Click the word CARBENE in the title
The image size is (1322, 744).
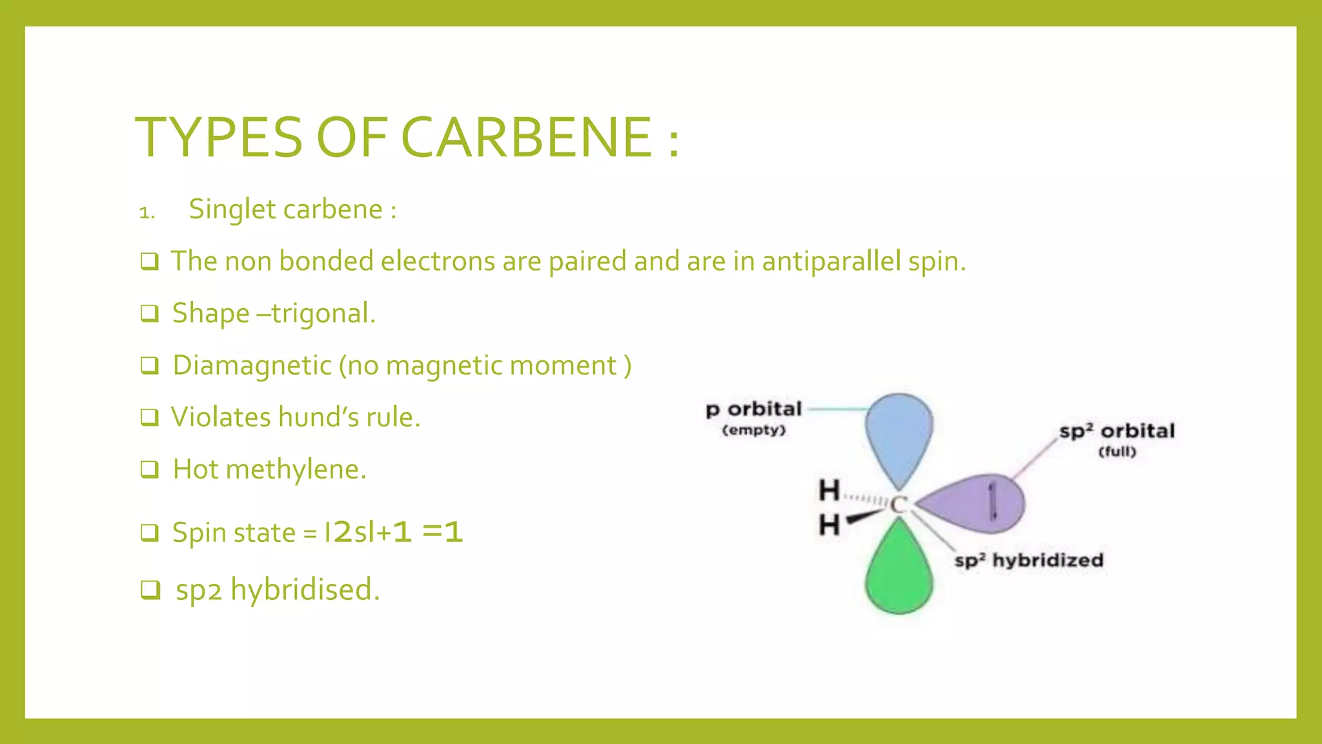[526, 137]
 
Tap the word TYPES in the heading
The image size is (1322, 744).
[218, 137]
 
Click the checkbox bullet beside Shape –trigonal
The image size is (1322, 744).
[150, 314]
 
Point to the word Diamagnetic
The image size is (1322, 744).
[252, 366]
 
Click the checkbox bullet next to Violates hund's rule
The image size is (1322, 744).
[150, 418]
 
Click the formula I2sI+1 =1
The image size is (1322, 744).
[393, 532]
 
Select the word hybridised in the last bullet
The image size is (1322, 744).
[305, 590]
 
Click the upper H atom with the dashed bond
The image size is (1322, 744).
[829, 491]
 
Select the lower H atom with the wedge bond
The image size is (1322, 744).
[829, 525]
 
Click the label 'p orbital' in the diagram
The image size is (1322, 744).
[753, 409]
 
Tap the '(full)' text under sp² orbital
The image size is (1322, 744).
[1117, 451]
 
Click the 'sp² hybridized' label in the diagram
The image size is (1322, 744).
[1029, 560]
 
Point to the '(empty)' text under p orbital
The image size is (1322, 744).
[753, 430]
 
